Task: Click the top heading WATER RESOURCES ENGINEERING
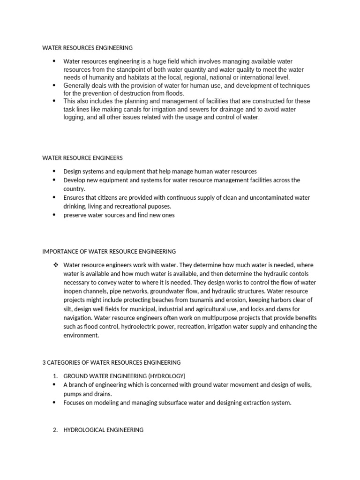87,48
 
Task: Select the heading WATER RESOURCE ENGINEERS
82,158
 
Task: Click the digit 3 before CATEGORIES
44,362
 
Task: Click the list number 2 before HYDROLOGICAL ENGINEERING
54,430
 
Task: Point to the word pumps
72,394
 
